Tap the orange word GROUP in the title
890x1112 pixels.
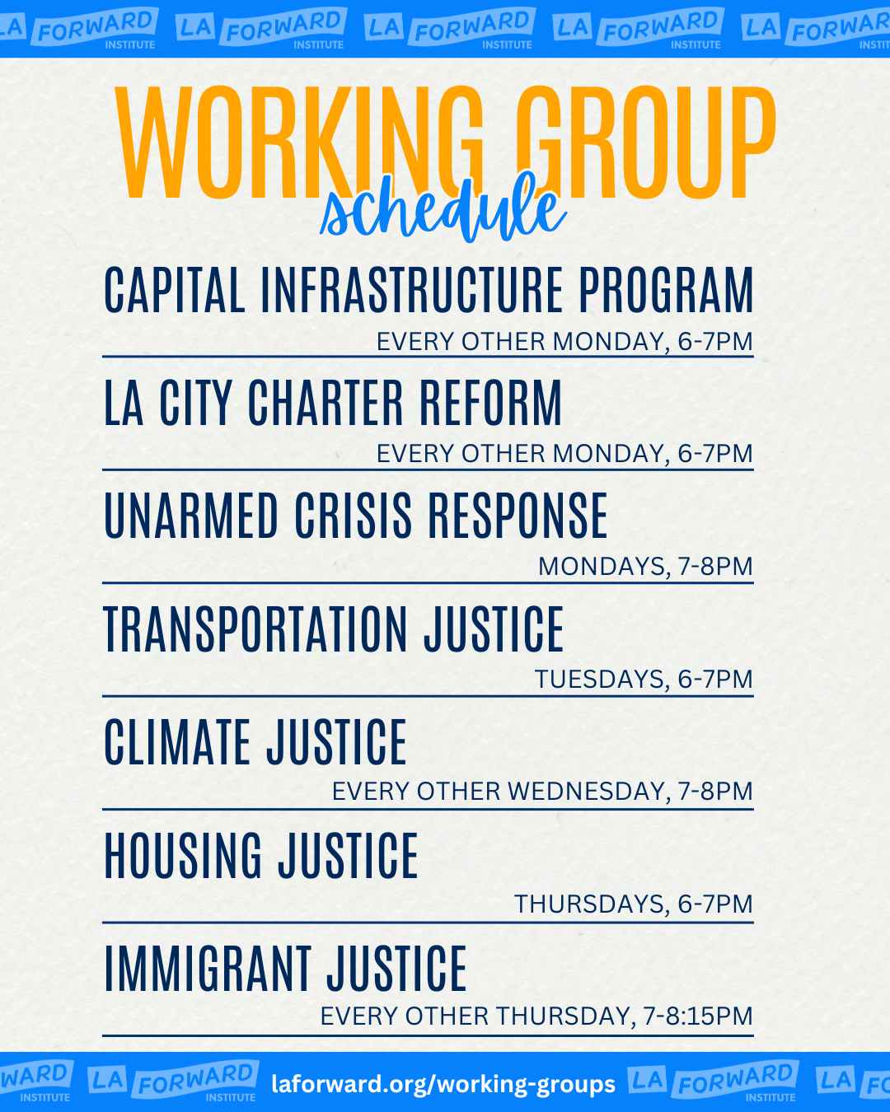(646, 143)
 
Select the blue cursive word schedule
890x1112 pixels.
(443, 209)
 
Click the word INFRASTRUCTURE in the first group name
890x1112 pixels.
(412, 290)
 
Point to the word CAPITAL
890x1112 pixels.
(175, 290)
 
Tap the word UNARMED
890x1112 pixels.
(191, 515)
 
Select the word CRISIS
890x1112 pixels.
(354, 515)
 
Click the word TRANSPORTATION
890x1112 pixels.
(255, 628)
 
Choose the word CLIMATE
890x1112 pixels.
(177, 741)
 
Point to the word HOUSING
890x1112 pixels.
(183, 855)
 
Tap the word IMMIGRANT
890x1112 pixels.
(208, 968)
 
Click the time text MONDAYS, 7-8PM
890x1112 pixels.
(645, 567)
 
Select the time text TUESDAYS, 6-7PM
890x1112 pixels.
(644, 680)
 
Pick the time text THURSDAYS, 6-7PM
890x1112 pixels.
(634, 904)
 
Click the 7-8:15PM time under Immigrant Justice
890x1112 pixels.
(698, 1016)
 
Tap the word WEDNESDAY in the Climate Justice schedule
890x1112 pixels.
(586, 792)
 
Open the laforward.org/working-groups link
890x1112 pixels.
(443, 1083)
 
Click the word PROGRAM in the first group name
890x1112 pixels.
(666, 290)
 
